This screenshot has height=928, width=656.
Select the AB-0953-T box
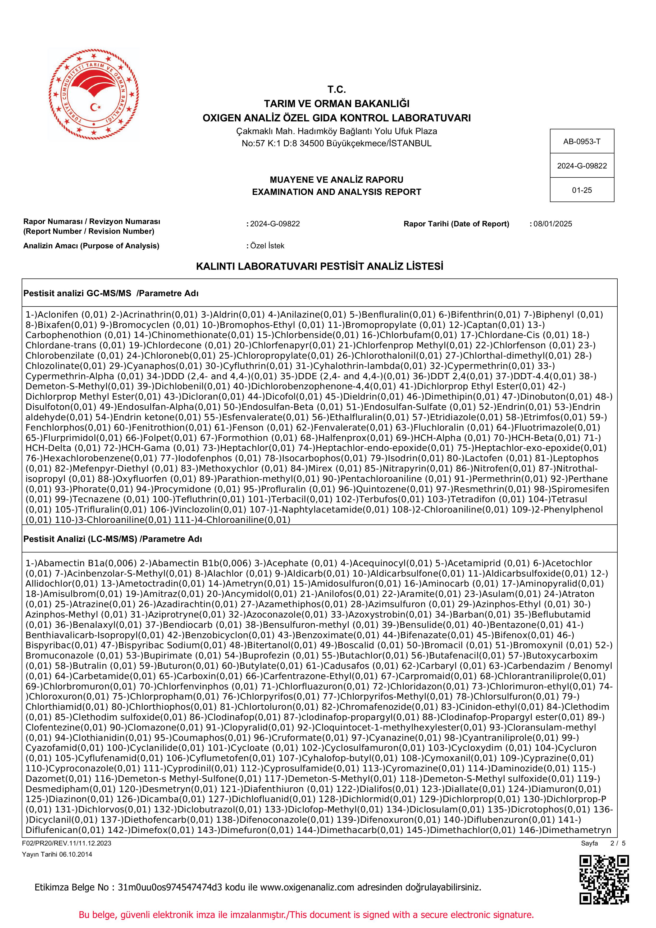[582, 141]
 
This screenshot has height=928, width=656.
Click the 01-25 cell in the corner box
[582, 190]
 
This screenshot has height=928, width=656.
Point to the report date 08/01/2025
[553, 224]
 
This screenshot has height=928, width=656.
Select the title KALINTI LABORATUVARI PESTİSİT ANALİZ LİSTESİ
[319, 266]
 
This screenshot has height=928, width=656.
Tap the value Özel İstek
[267, 246]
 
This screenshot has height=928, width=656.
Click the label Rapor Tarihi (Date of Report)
[456, 224]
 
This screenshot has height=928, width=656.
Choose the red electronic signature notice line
[306, 915]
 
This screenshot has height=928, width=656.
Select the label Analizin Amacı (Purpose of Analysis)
[91, 246]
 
